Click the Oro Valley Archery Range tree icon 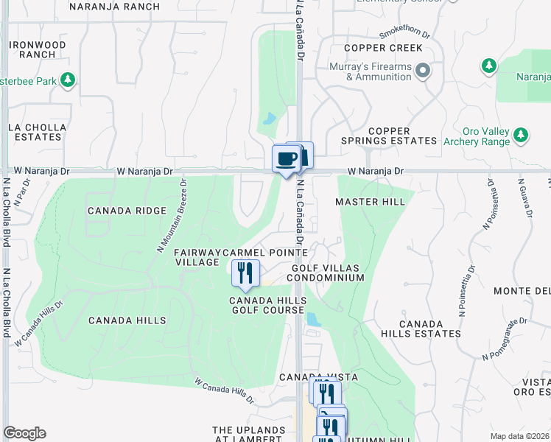[x=521, y=135]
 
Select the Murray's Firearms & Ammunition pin [x=422, y=71]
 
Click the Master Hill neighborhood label [x=369, y=202]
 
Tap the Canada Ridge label [x=127, y=211]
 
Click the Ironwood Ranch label [x=38, y=49]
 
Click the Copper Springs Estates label [x=389, y=136]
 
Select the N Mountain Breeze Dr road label [x=172, y=216]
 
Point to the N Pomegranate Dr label [x=506, y=340]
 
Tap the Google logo [x=24, y=433]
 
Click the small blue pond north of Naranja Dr [x=269, y=118]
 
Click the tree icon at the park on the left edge [x=68, y=79]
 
